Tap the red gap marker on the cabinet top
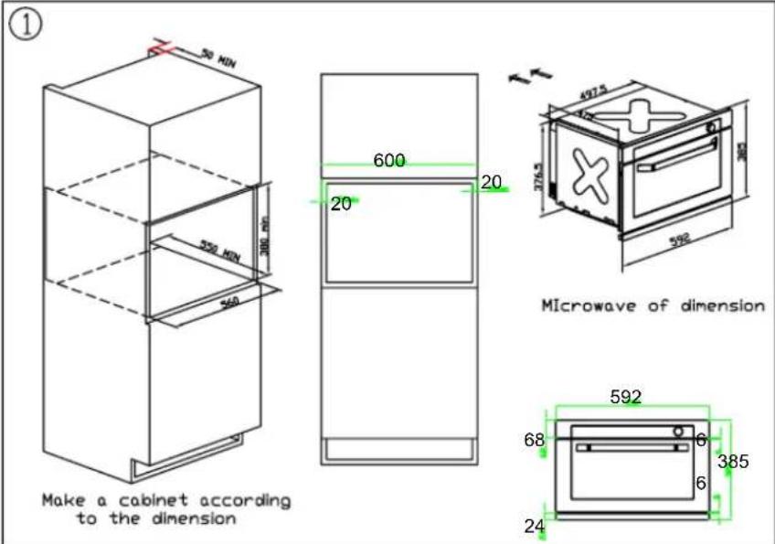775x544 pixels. point(161,48)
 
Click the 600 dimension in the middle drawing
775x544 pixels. point(389,160)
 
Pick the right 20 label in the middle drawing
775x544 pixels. point(491,183)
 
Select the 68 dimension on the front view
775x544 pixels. point(534,441)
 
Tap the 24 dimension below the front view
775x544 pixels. point(534,526)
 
